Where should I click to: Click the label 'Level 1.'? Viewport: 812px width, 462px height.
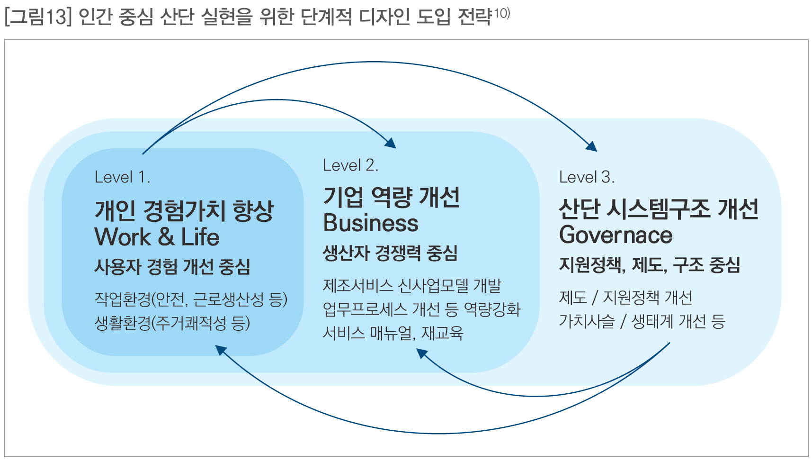(x=122, y=177)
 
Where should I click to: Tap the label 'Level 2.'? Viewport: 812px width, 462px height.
(x=350, y=165)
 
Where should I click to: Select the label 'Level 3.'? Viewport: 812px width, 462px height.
(x=587, y=177)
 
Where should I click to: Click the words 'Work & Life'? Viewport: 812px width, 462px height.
(x=157, y=237)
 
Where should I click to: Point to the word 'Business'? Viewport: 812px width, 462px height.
(x=371, y=223)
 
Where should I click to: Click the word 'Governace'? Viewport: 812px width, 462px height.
(x=616, y=235)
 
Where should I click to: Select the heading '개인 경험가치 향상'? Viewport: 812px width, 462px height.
(x=184, y=211)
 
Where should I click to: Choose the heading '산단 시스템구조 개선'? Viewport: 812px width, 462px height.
(x=659, y=209)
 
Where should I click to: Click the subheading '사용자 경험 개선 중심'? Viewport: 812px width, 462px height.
(x=172, y=267)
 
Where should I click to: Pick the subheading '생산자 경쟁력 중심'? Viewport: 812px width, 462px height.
(x=390, y=253)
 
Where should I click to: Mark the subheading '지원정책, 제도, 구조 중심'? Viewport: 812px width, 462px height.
(x=649, y=265)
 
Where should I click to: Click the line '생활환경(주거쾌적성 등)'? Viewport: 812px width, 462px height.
(x=172, y=323)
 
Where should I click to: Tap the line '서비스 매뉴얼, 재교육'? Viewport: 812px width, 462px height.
(x=393, y=333)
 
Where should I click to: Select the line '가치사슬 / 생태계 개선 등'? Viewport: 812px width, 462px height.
(x=642, y=321)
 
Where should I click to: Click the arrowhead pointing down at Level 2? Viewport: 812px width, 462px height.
(x=391, y=143)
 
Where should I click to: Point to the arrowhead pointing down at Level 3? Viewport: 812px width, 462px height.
(x=591, y=146)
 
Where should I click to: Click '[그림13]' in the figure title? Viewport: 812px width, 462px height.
(x=37, y=18)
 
